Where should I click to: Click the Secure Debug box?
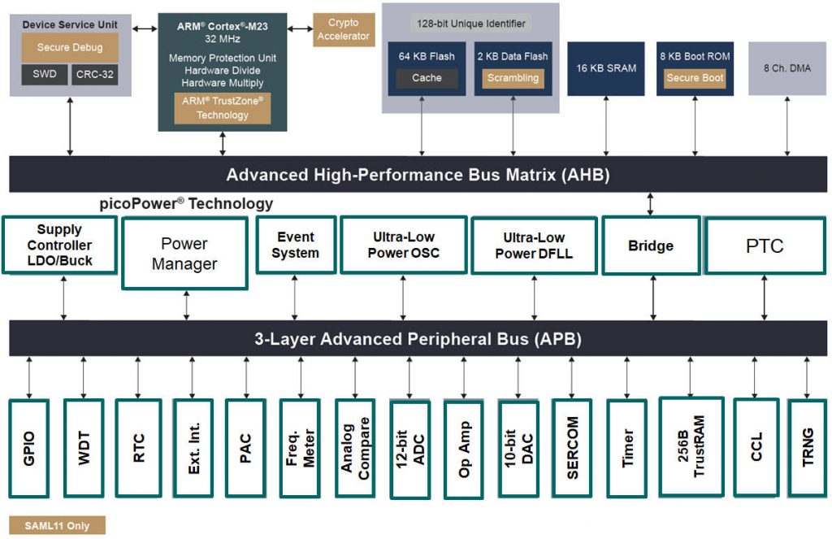pyautogui.click(x=70, y=47)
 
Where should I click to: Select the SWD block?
pyautogui.click(x=44, y=75)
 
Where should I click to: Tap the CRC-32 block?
pyautogui.click(x=96, y=75)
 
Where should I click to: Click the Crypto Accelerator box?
pyautogui.click(x=344, y=29)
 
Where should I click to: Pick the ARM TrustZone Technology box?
pyautogui.click(x=222, y=108)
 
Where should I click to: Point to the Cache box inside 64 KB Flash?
pyautogui.click(x=427, y=78)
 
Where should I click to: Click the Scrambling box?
pyautogui.click(x=513, y=78)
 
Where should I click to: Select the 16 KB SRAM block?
pyautogui.click(x=606, y=68)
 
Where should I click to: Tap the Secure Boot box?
pyautogui.click(x=695, y=78)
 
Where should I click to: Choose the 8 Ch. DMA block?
pyautogui.click(x=786, y=68)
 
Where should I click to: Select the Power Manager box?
pyautogui.click(x=184, y=254)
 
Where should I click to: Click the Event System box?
pyautogui.click(x=295, y=245)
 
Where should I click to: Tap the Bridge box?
pyautogui.click(x=651, y=246)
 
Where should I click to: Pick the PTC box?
pyautogui.click(x=765, y=246)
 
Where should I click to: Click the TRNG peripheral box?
pyautogui.click(x=808, y=447)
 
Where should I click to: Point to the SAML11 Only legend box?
pyautogui.click(x=57, y=525)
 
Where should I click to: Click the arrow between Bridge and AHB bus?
pyautogui.click(x=651, y=203)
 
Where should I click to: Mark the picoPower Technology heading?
pyautogui.click(x=184, y=203)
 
